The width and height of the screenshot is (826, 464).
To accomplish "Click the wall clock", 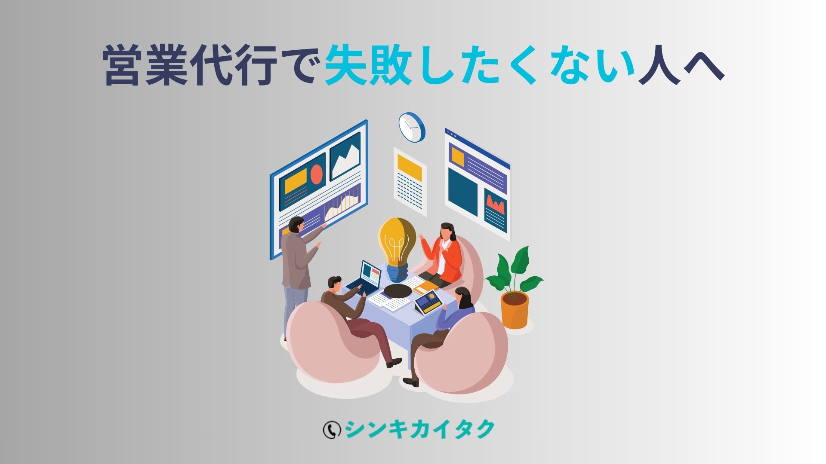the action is point(412,127).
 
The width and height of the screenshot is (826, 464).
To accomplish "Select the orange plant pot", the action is point(514,310).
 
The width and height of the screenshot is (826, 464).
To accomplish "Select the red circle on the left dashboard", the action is point(317,174).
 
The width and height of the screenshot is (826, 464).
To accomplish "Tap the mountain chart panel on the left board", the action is point(345,156).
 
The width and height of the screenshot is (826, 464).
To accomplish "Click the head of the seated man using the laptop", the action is point(334,284).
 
